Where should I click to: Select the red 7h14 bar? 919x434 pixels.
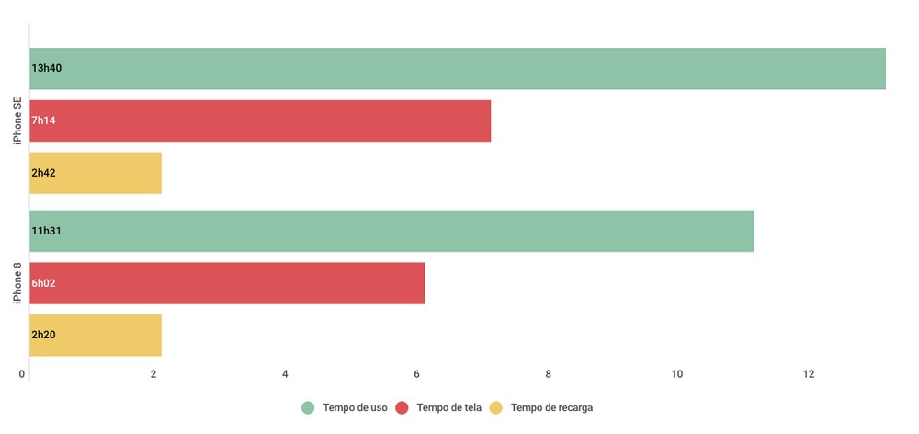(x=260, y=120)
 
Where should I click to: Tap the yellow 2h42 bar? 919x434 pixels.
(x=96, y=173)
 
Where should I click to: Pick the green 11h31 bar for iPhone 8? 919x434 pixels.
(x=391, y=231)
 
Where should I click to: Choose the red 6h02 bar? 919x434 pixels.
(x=227, y=283)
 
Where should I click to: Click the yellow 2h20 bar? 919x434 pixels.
(x=96, y=336)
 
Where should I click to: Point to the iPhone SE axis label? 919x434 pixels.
(x=17, y=120)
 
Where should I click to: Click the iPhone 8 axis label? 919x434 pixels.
(x=17, y=283)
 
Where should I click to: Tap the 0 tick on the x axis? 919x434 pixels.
(x=22, y=374)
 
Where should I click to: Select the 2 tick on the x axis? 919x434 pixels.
(x=153, y=374)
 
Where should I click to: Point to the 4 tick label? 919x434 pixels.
(x=285, y=374)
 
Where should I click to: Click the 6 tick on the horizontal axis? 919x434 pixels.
(x=416, y=374)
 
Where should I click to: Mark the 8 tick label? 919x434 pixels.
(x=548, y=374)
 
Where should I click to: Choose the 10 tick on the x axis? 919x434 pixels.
(x=677, y=374)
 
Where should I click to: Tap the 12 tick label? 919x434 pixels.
(x=809, y=374)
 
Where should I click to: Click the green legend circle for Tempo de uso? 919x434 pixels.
(x=308, y=407)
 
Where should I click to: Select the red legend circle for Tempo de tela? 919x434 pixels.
(x=402, y=407)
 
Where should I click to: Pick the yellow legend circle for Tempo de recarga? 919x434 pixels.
(x=496, y=407)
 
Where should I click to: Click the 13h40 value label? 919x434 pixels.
(x=46, y=68)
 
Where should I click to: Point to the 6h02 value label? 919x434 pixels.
(x=44, y=283)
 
